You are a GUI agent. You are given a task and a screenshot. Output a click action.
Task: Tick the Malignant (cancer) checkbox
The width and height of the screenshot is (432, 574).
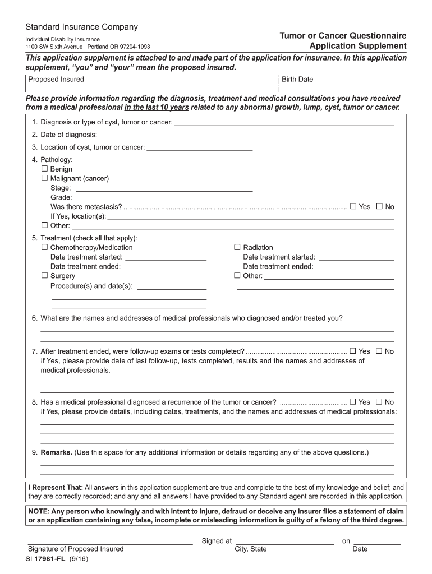pos(45,178)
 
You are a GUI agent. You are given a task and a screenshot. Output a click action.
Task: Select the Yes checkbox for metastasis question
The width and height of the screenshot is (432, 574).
pos(353,206)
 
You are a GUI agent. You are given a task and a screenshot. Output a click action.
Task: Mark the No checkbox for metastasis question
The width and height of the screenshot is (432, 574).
pos(379,206)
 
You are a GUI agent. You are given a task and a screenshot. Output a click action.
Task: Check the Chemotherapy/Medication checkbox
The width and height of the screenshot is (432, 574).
pos(45,247)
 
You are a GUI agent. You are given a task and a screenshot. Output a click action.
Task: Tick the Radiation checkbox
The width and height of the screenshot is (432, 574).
pos(237,247)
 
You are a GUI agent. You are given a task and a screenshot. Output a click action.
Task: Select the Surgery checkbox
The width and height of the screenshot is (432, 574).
pos(45,276)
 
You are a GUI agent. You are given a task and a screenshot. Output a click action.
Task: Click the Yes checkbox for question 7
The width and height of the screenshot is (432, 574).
pos(353,351)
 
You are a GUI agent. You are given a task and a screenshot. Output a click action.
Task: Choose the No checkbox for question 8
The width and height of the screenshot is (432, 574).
pos(379,402)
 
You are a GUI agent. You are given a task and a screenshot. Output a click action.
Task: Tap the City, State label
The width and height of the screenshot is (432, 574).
pos(251,549)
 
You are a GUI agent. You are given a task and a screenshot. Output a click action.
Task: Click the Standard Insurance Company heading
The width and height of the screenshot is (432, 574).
pos(81,27)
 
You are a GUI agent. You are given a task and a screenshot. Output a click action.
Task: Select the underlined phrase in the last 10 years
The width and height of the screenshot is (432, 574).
pos(157,107)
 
